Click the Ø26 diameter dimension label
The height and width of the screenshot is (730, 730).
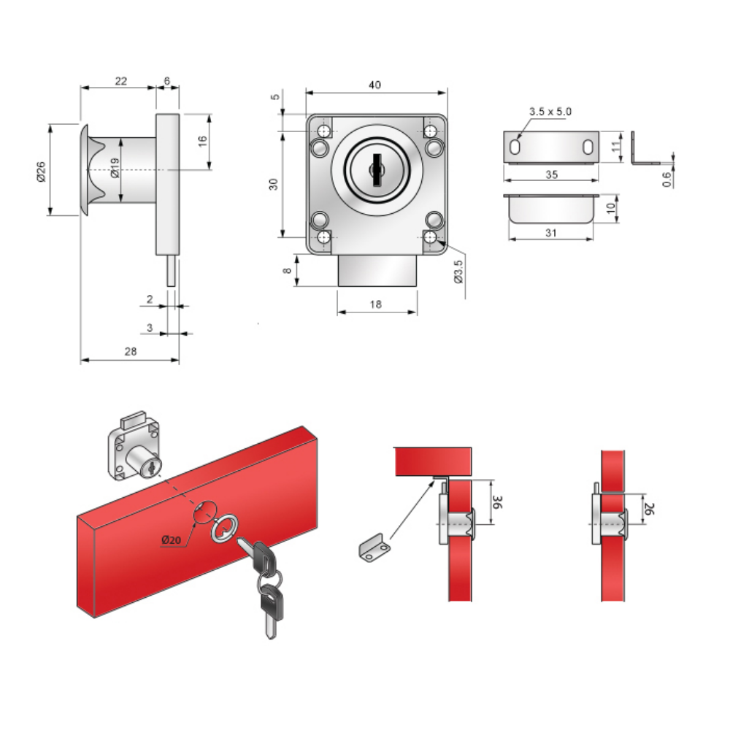coord(41,172)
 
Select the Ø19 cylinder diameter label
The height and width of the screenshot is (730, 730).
coord(115,168)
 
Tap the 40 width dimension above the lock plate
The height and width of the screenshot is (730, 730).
coord(374,85)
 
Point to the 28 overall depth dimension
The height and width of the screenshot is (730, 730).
coord(131,351)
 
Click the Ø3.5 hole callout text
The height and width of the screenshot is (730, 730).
coord(458,272)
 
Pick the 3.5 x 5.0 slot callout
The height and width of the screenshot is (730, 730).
coord(550,112)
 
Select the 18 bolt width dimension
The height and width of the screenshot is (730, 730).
coord(376,304)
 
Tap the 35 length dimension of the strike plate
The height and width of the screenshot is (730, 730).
coord(551,174)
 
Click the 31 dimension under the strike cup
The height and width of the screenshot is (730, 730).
coord(550,233)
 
